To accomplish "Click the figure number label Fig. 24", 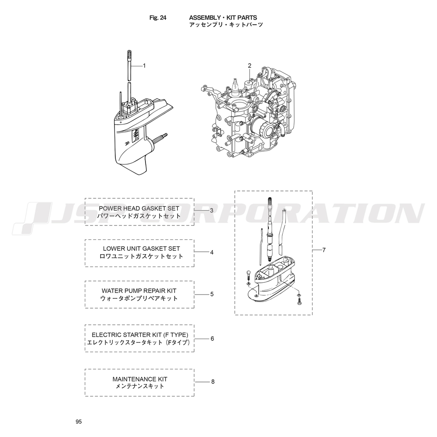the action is coord(158,18).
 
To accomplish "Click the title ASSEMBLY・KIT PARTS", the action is coord(223,18).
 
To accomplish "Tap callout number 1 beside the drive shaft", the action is coord(144,66).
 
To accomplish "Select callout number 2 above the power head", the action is coord(250,66).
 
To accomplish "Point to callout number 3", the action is coord(212,211).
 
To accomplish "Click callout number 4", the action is coord(212,252).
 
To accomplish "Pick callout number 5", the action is coord(212,294).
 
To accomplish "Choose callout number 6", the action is coord(212,339).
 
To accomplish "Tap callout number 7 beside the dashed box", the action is coord(324,250).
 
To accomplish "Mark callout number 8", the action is coord(213,382).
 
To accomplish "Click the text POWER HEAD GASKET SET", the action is coord(139,208).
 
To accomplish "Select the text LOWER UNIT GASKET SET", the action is coord(142,249).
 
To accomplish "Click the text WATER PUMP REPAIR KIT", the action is coord(139,291).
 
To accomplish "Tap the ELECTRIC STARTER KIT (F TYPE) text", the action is coord(140,335).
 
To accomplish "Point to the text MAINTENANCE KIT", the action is coord(140,379).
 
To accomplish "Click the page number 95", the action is coord(79,422).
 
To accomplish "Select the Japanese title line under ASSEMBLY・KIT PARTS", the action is coord(226,25).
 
